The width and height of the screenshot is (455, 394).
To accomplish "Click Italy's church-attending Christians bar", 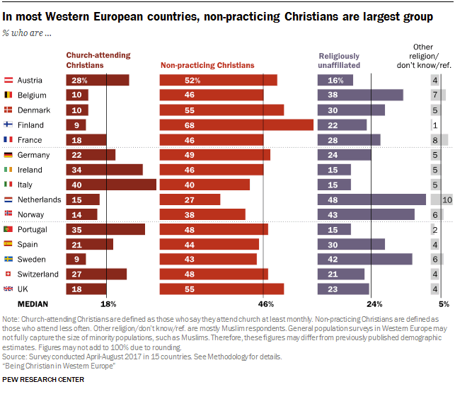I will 111,185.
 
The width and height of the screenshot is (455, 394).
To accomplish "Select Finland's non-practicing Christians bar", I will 236,125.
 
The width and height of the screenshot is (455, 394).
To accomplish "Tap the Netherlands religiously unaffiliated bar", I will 372,199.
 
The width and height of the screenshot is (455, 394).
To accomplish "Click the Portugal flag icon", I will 8,230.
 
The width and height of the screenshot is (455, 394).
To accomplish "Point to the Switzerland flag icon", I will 8,274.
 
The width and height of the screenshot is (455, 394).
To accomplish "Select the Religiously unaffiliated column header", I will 340,60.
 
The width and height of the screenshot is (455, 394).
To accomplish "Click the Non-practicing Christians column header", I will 207,65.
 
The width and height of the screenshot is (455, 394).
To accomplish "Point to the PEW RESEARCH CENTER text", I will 43,380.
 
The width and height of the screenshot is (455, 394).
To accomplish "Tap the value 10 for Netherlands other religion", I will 447,200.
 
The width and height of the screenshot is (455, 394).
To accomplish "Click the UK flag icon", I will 8,289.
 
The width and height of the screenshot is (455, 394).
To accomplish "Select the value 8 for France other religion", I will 435,140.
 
